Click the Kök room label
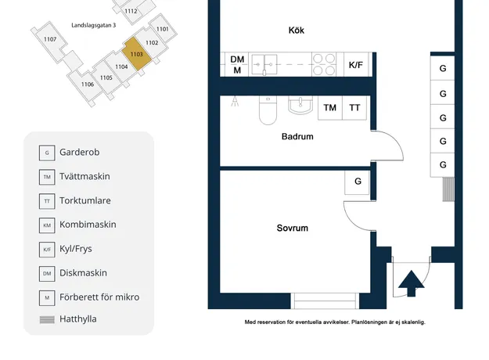pyautogui.click(x=297, y=31)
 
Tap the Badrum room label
pyautogui.click(x=297, y=136)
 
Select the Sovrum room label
pyautogui.click(x=292, y=228)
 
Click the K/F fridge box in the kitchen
pyautogui.click(x=355, y=65)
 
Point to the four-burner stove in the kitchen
pyautogui.click(x=324, y=65)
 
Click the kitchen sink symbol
pyautogui.click(x=264, y=65)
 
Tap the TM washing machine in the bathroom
pyautogui.click(x=330, y=108)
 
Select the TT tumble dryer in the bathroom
pyautogui.click(x=354, y=108)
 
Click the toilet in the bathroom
pyautogui.click(x=268, y=110)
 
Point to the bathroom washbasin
pyautogui.click(x=300, y=105)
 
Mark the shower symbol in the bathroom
pyautogui.click(x=235, y=102)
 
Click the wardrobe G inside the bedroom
pyautogui.click(x=358, y=182)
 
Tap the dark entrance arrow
pyautogui.click(x=412, y=283)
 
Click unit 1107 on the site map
pyautogui.click(x=50, y=39)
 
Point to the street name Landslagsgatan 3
pyautogui.click(x=94, y=25)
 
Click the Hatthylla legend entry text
pyautogui.click(x=78, y=319)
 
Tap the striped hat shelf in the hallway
pyautogui.click(x=448, y=189)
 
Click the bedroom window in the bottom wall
pyautogui.click(x=325, y=301)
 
